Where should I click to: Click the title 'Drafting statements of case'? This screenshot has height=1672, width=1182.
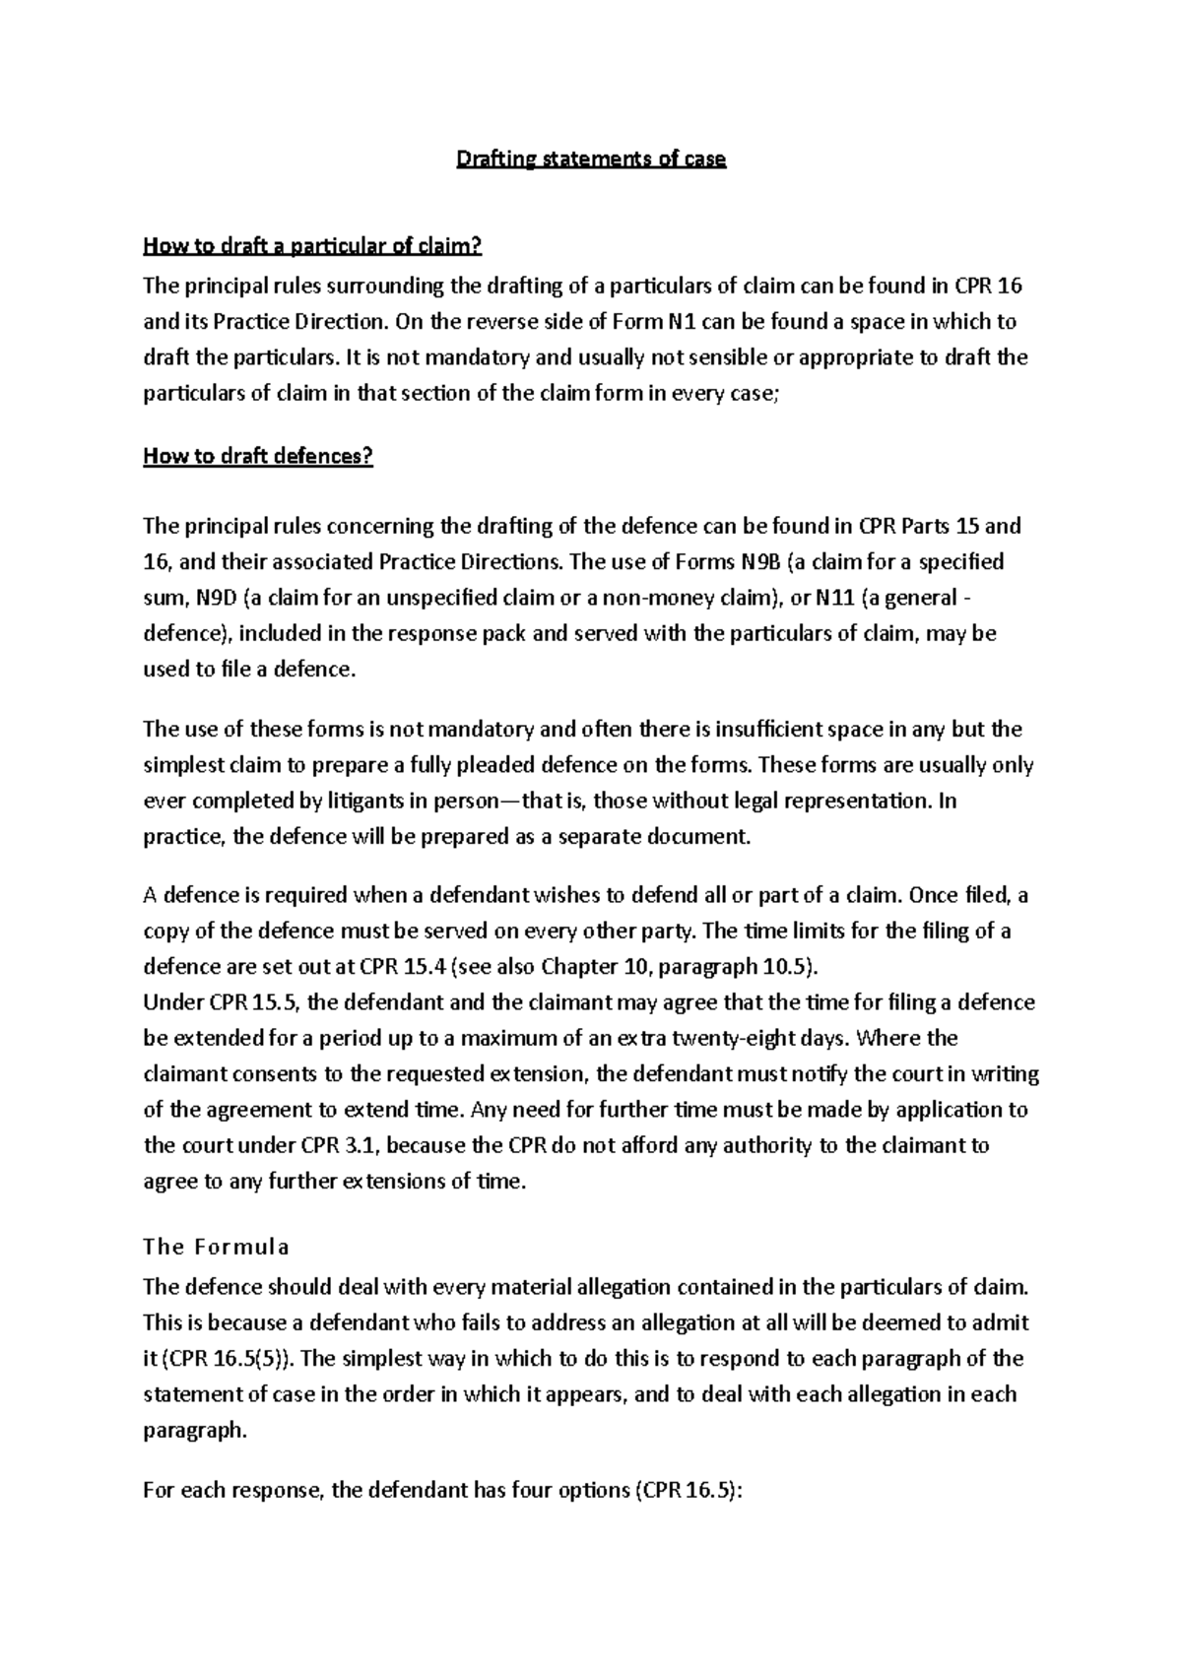point(590,160)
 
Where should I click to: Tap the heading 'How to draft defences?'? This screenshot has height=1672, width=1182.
point(258,457)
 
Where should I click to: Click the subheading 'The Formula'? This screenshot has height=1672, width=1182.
point(216,1248)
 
